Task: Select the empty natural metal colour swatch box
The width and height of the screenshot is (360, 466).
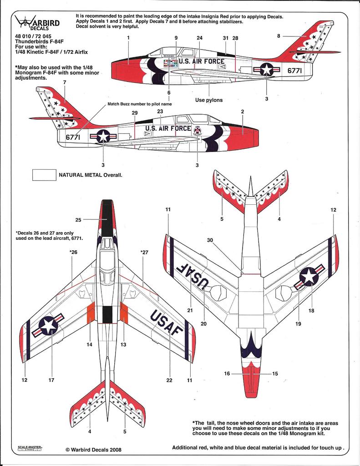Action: click(x=44, y=175)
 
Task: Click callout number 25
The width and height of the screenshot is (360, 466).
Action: click(x=78, y=220)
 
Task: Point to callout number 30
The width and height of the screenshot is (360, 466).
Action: click(x=210, y=240)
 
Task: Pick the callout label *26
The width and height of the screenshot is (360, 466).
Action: click(x=73, y=252)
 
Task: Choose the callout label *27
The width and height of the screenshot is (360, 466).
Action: click(x=144, y=252)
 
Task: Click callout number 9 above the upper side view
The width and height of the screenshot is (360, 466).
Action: click(x=176, y=38)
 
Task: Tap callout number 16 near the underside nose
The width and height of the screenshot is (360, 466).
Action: click(x=227, y=373)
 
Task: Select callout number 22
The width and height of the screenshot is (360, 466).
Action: click(x=169, y=380)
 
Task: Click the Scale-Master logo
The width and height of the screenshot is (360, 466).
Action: click(x=30, y=448)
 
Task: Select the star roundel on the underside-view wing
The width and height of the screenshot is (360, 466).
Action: click(x=309, y=277)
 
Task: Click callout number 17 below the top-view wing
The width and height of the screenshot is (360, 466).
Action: click(x=51, y=380)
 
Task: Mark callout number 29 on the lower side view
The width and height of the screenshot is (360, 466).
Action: click(x=134, y=112)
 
